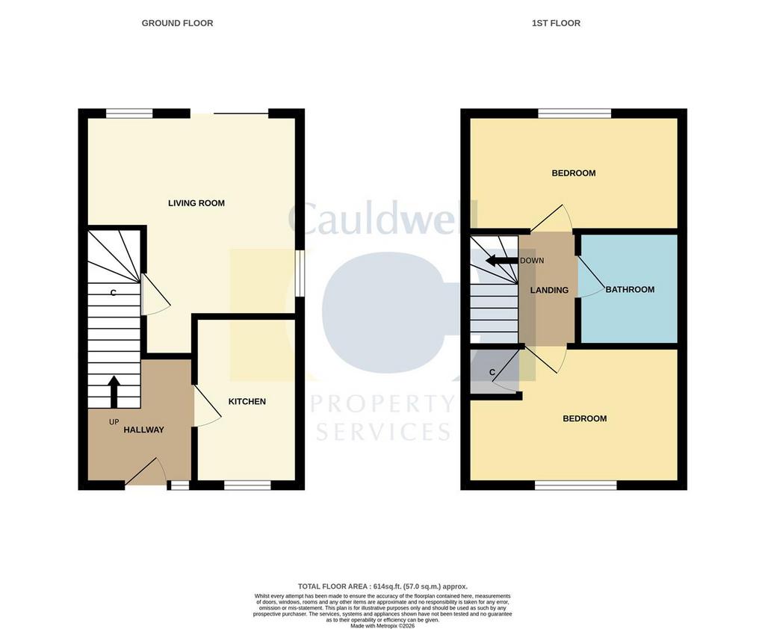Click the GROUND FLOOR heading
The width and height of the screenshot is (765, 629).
[x=177, y=23]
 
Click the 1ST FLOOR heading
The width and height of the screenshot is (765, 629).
[x=556, y=23]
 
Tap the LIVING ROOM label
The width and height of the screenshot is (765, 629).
[x=196, y=203]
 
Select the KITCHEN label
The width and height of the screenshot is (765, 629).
[x=247, y=402]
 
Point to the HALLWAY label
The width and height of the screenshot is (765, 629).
[x=143, y=430]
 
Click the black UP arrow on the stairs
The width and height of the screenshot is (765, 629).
[x=114, y=391]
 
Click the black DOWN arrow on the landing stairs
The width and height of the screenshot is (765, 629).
[x=501, y=261]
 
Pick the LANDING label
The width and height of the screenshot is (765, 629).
[x=549, y=291]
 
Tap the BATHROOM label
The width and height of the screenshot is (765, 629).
[x=630, y=289]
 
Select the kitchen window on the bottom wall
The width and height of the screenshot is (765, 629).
[x=247, y=485]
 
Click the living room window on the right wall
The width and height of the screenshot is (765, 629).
[x=300, y=273]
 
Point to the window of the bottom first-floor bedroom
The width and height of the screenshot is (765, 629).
[x=576, y=485]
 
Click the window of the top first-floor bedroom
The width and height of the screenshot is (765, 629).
[x=574, y=114]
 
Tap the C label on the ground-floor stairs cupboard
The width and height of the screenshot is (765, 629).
[x=114, y=293]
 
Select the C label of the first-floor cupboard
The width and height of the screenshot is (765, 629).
[x=492, y=372]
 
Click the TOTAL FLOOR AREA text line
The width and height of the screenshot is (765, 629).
[x=382, y=586]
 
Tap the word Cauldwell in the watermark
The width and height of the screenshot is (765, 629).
[x=383, y=218]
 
